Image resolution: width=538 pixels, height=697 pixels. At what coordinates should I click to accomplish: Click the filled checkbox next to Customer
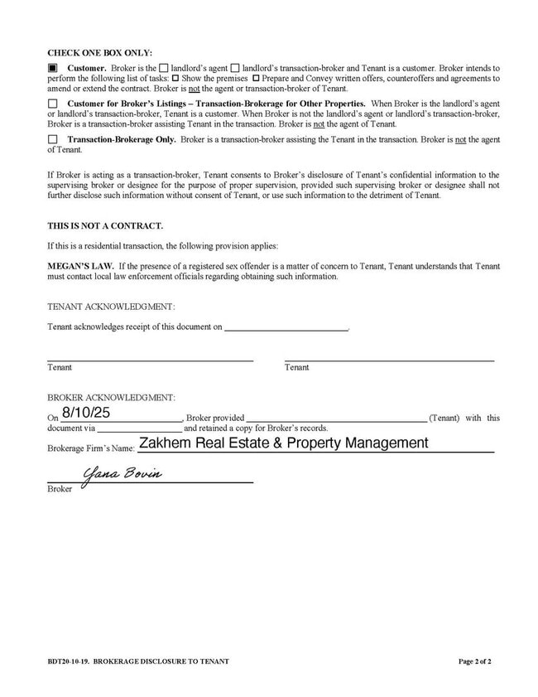click(53, 67)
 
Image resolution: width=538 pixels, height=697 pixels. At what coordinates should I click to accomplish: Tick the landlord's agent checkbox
click(163, 67)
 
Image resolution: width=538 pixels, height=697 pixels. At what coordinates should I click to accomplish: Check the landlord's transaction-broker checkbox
click(235, 67)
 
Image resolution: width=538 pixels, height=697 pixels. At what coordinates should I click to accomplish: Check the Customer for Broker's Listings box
click(53, 104)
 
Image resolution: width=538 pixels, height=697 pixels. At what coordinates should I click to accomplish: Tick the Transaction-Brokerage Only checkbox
click(53, 140)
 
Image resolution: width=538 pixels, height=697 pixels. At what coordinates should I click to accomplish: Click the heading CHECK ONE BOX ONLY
click(99, 52)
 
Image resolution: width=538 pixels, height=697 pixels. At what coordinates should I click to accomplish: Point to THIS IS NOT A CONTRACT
click(105, 225)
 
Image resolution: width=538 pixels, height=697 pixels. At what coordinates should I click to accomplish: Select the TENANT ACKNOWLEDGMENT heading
click(111, 307)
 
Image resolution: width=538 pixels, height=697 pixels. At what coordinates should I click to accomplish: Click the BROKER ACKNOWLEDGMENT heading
click(111, 399)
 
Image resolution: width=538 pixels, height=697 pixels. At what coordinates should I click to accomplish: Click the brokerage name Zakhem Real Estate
click(283, 443)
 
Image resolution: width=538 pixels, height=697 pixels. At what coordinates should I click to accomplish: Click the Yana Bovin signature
click(122, 474)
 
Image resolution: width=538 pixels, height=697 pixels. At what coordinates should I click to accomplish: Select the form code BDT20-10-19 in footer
click(69, 661)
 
